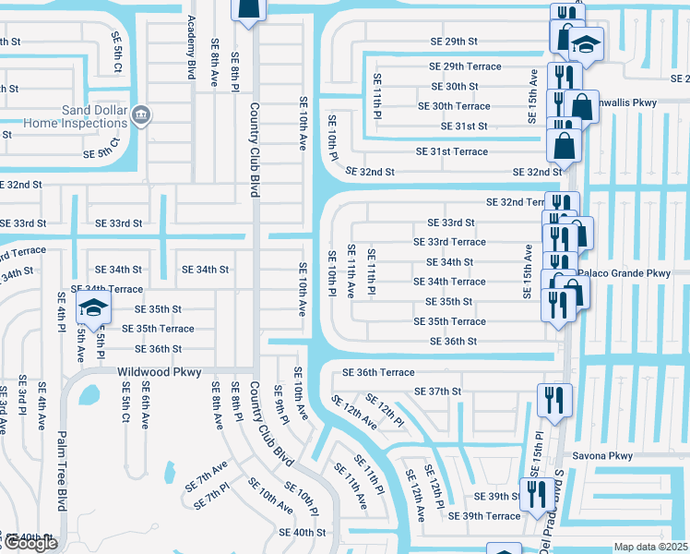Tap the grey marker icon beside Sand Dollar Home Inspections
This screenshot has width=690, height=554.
click(141, 115)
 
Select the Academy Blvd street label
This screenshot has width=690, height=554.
click(192, 46)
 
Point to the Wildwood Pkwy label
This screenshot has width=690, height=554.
click(153, 372)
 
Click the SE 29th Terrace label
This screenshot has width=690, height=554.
click(465, 66)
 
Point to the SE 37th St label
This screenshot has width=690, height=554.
click(437, 391)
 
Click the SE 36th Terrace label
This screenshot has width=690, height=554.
click(378, 372)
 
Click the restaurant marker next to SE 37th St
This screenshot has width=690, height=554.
click(553, 399)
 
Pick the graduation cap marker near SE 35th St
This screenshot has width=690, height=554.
click(92, 307)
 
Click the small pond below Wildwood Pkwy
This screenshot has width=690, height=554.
click(90, 396)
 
